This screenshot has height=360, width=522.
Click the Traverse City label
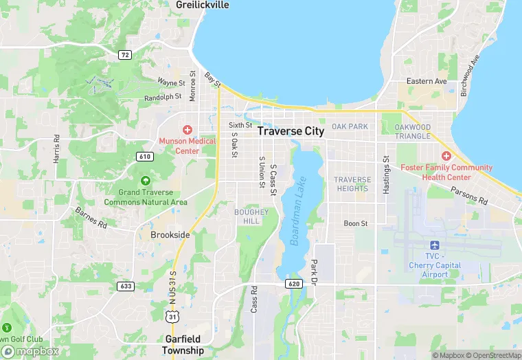[300, 131]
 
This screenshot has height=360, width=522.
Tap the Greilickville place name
[203, 5]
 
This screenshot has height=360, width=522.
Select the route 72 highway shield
[124, 54]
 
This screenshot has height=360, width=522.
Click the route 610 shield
[144, 157]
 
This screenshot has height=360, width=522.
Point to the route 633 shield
[126, 286]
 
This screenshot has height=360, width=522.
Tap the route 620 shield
[294, 283]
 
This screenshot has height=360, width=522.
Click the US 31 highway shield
[172, 315]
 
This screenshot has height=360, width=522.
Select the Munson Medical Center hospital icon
[187, 129]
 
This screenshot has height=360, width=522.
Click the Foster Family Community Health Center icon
[446, 156]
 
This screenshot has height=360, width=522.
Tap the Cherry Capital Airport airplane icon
[434, 245]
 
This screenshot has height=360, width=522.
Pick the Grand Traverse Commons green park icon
[145, 181]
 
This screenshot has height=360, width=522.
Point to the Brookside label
[170, 234]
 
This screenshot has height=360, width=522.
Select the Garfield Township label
[183, 344]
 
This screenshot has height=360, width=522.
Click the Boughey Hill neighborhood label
[247, 216]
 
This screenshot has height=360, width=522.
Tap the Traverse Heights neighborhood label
[352, 184]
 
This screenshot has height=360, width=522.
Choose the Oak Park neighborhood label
[350, 126]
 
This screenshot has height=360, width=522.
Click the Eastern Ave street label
[427, 81]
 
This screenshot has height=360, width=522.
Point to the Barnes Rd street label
[91, 218]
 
